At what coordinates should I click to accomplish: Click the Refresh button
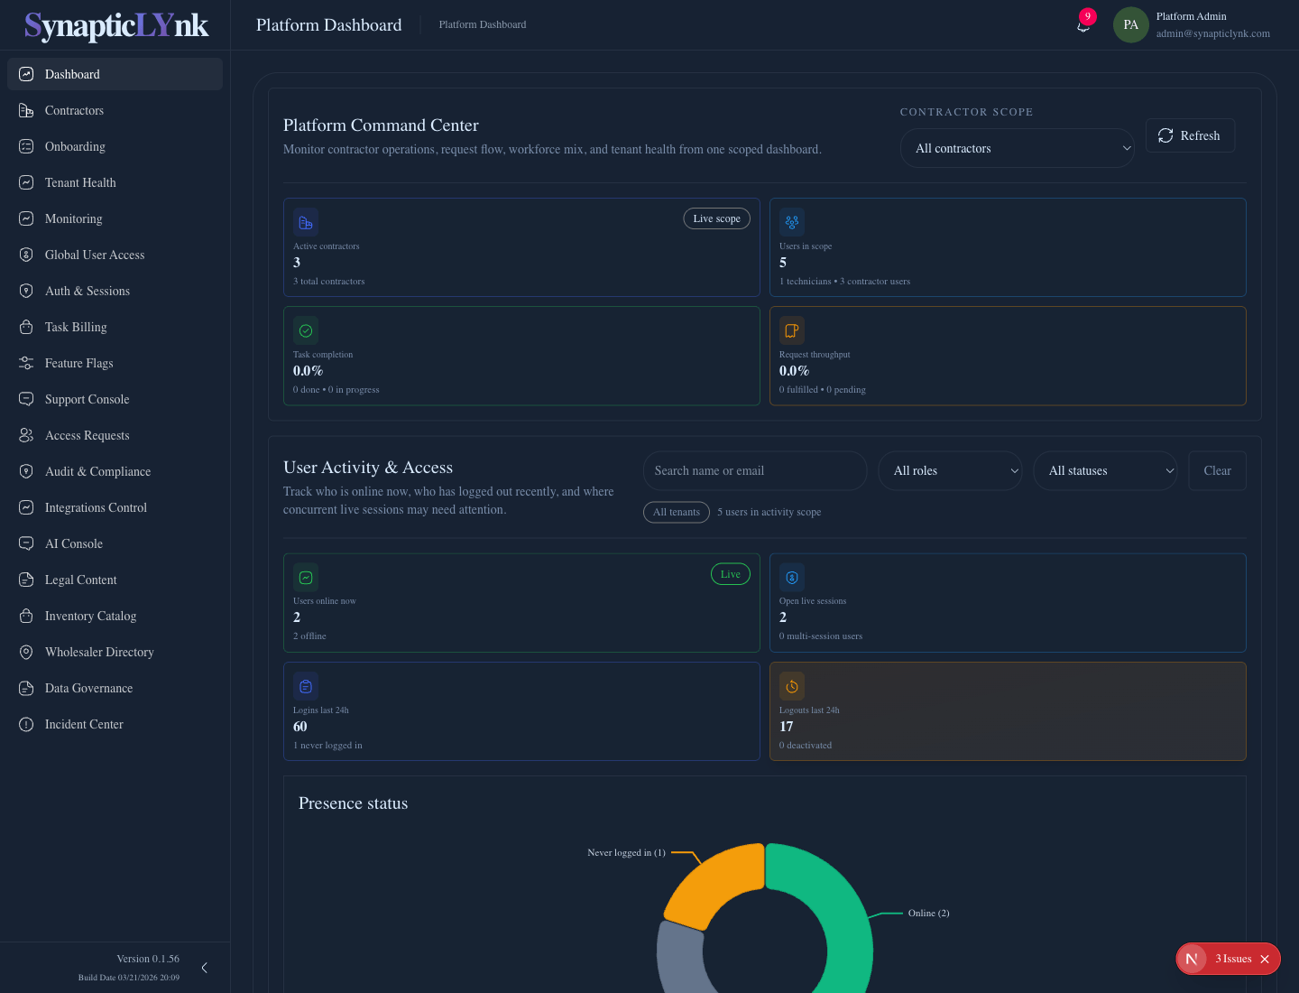[x=1189, y=135]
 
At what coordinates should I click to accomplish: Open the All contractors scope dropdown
[x=1017, y=148]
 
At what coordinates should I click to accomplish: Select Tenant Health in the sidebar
[x=80, y=182]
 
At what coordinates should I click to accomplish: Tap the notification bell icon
[x=1083, y=25]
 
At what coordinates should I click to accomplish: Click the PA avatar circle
[x=1130, y=25]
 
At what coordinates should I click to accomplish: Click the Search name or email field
[x=754, y=470]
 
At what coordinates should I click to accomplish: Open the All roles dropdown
[x=950, y=470]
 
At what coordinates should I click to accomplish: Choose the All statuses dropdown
[x=1105, y=470]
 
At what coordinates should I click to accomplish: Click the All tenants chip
[x=676, y=512]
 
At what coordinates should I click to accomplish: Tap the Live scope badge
[x=716, y=218]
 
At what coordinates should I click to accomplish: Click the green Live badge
[x=730, y=574]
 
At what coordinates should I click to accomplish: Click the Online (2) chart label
[x=928, y=914]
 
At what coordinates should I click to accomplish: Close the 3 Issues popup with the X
[x=1265, y=959]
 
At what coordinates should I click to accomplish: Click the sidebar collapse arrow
[x=205, y=968]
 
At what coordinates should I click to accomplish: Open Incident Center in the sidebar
[x=84, y=724]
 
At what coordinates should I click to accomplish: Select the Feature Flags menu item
[x=79, y=363]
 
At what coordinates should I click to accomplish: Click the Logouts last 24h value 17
[x=787, y=727]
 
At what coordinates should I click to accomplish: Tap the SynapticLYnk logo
[x=115, y=25]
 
